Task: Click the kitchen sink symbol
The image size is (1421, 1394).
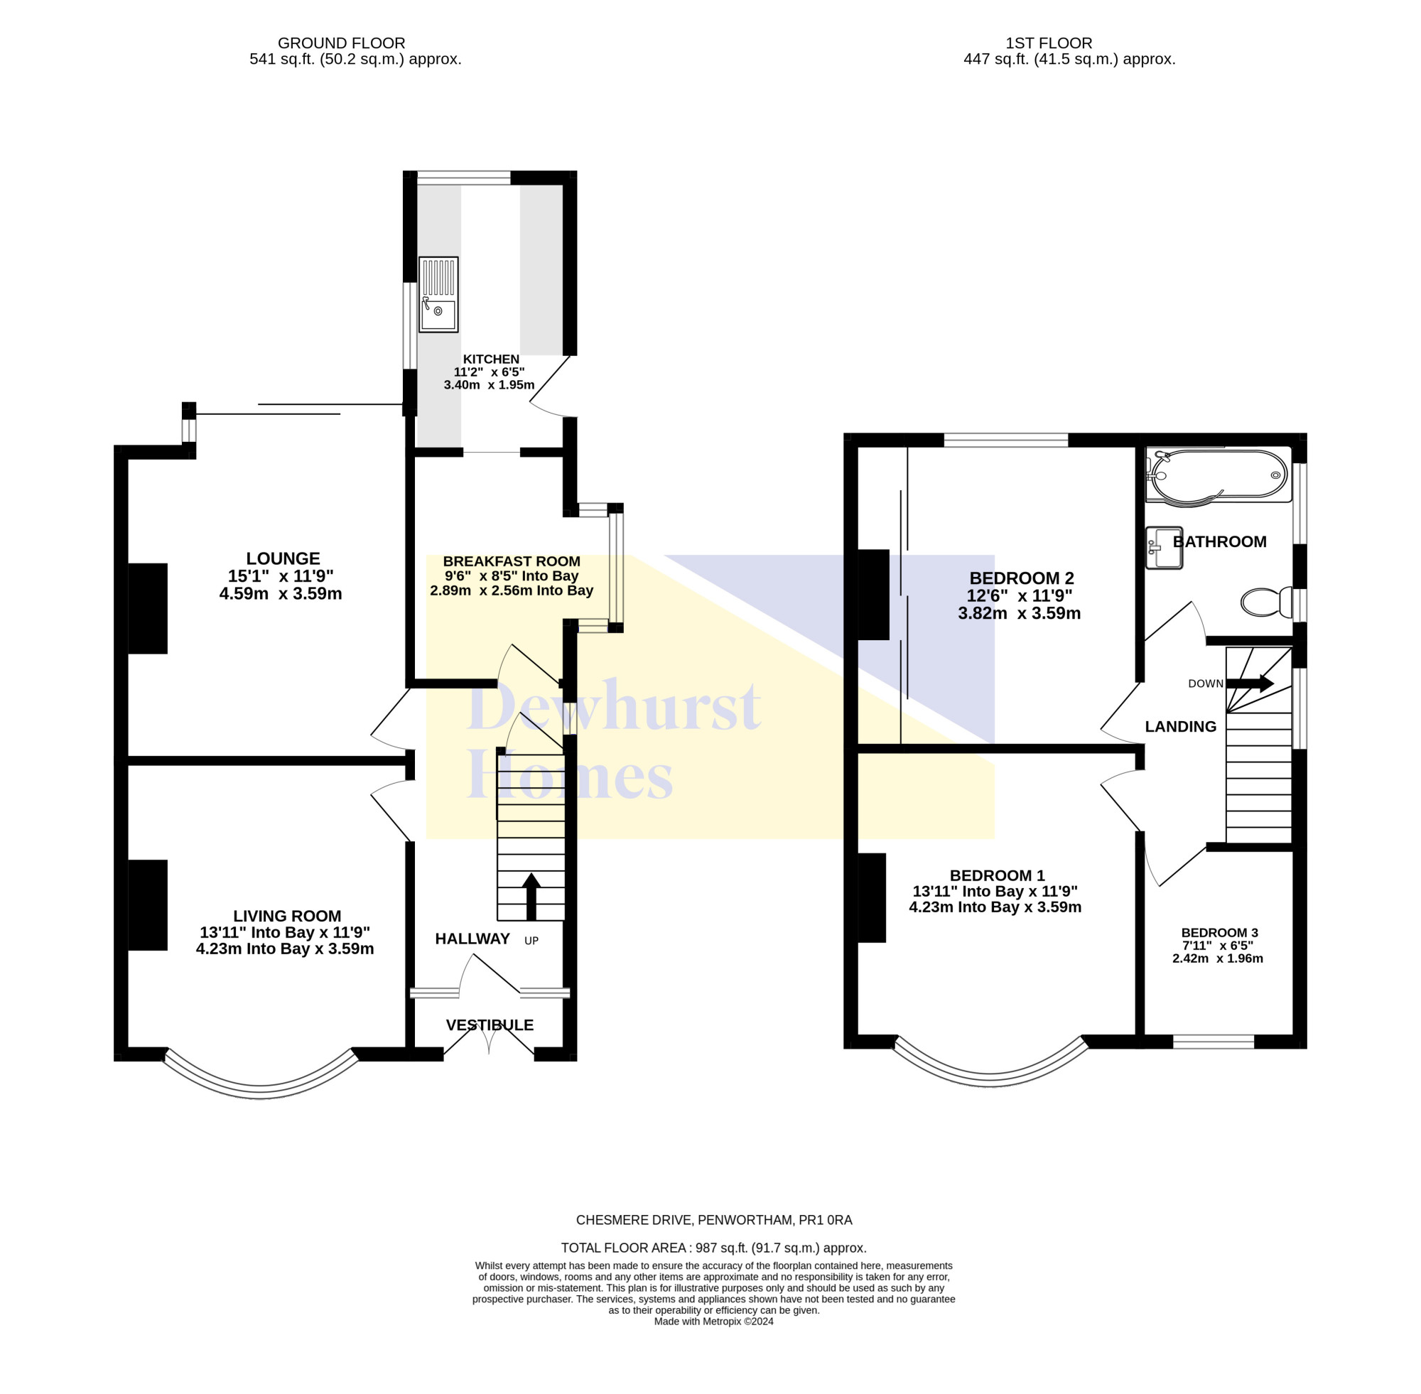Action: click(438, 293)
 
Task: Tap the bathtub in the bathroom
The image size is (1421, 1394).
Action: click(1219, 476)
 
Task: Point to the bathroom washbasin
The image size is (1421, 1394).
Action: click(1164, 548)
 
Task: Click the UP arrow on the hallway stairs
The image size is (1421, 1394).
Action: click(531, 896)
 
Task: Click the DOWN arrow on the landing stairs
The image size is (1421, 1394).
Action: click(1250, 684)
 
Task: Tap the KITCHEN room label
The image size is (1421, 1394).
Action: click(491, 360)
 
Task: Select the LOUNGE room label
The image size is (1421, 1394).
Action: click(283, 558)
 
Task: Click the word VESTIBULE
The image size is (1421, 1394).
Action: click(490, 1025)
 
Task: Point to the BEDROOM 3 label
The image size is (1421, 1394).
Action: click(1220, 933)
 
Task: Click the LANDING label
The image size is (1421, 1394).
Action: click(1181, 726)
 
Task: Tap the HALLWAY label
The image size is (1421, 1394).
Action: click(472, 939)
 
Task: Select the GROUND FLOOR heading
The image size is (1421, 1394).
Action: click(341, 43)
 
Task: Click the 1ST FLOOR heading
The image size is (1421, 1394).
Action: click(1049, 43)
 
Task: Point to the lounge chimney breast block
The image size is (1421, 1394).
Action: click(148, 608)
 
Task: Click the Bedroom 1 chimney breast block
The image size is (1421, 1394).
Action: click(872, 897)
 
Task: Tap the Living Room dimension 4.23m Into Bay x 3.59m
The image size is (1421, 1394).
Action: click(285, 949)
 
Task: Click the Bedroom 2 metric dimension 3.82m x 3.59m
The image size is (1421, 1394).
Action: click(1019, 614)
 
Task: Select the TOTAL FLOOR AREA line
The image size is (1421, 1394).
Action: click(714, 1248)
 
